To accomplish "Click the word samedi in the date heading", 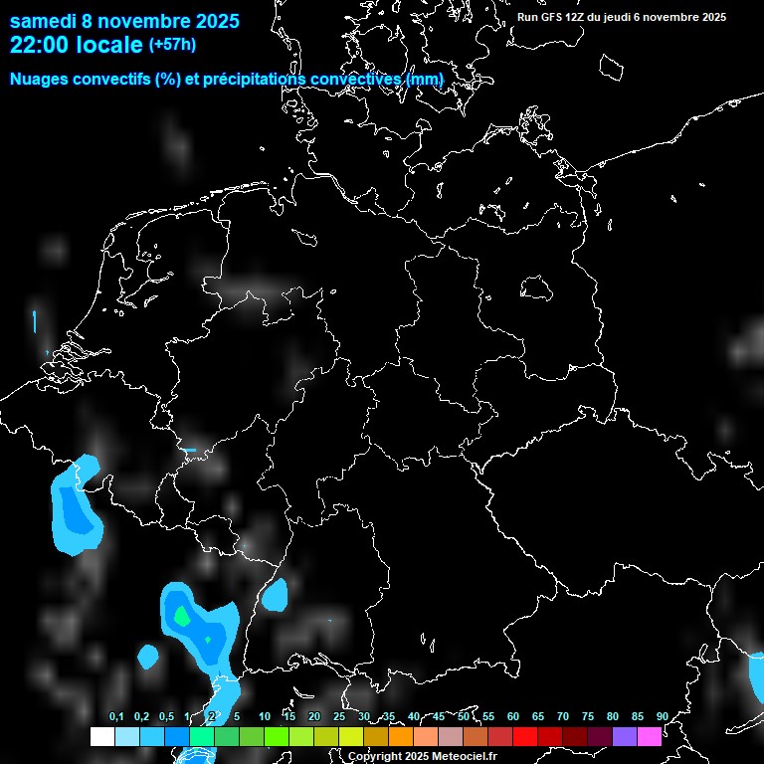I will (44, 21).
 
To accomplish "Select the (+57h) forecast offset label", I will (172, 45).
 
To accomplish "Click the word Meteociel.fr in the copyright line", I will (465, 757).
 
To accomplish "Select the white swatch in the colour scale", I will (101, 736).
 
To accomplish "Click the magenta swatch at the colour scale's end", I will (650, 736).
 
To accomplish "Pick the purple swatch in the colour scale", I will (625, 736).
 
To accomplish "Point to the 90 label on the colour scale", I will (662, 716).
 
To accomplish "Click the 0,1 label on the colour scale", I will (116, 716).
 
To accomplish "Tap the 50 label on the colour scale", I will (464, 716).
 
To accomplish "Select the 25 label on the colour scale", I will (339, 716).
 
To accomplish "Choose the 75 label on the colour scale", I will (588, 716).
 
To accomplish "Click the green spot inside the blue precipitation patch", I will (181, 616).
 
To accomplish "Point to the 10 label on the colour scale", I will (265, 716).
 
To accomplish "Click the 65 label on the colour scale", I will (538, 716).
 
